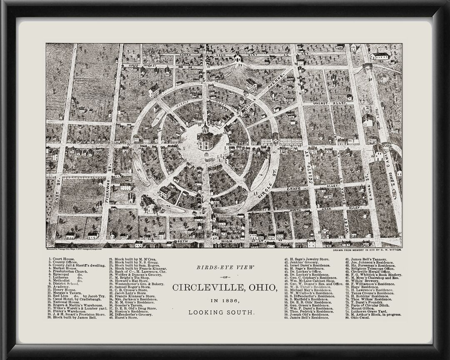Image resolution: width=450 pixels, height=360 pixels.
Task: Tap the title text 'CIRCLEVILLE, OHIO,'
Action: tap(225, 287)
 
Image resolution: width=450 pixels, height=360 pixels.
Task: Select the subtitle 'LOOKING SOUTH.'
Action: tap(225, 312)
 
